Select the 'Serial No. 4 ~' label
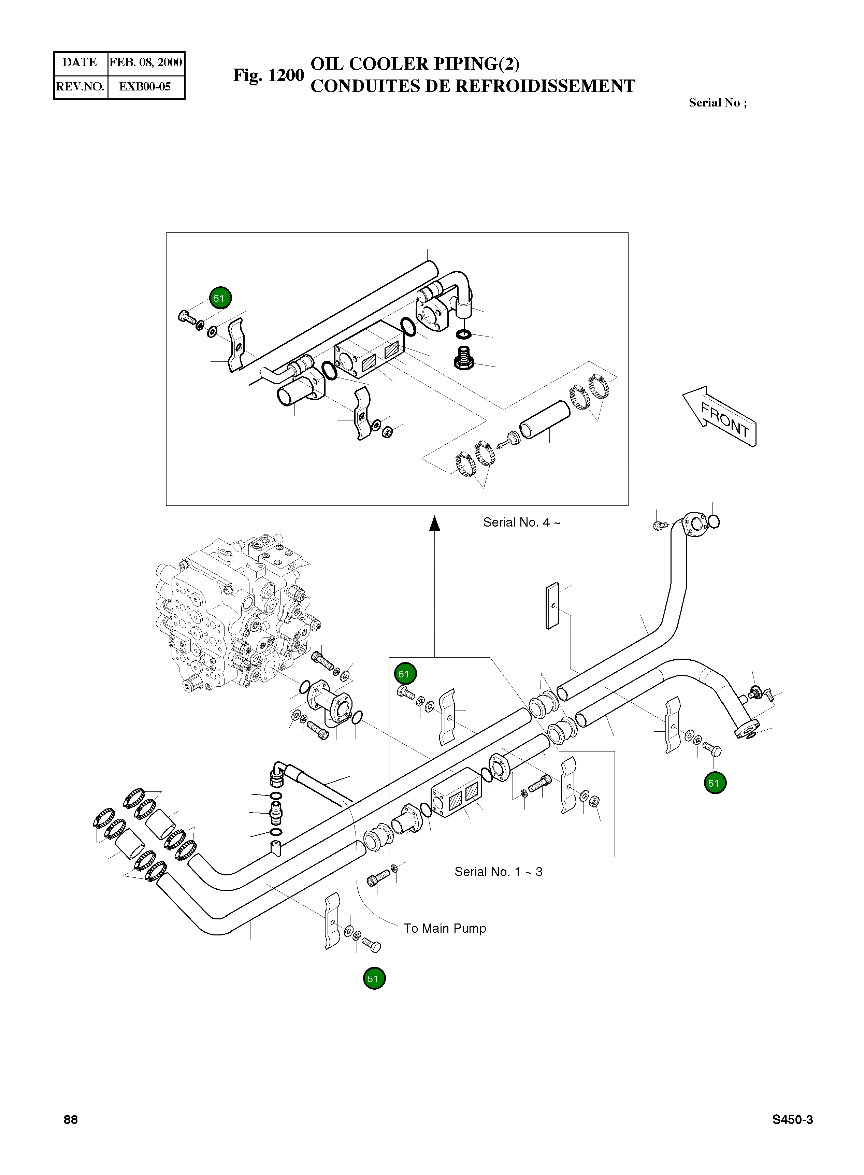coord(521,522)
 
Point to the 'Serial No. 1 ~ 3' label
coord(499,872)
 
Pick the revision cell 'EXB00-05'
coord(145,87)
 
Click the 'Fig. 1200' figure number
coord(268,75)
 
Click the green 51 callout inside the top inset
coord(220,298)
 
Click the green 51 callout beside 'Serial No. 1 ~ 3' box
coord(405,674)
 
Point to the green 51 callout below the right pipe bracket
coord(715,783)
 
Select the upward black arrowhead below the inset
coord(434,523)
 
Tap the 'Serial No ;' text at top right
coord(718,102)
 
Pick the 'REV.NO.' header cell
coord(80,87)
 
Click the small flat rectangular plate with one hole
coord(552,606)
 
